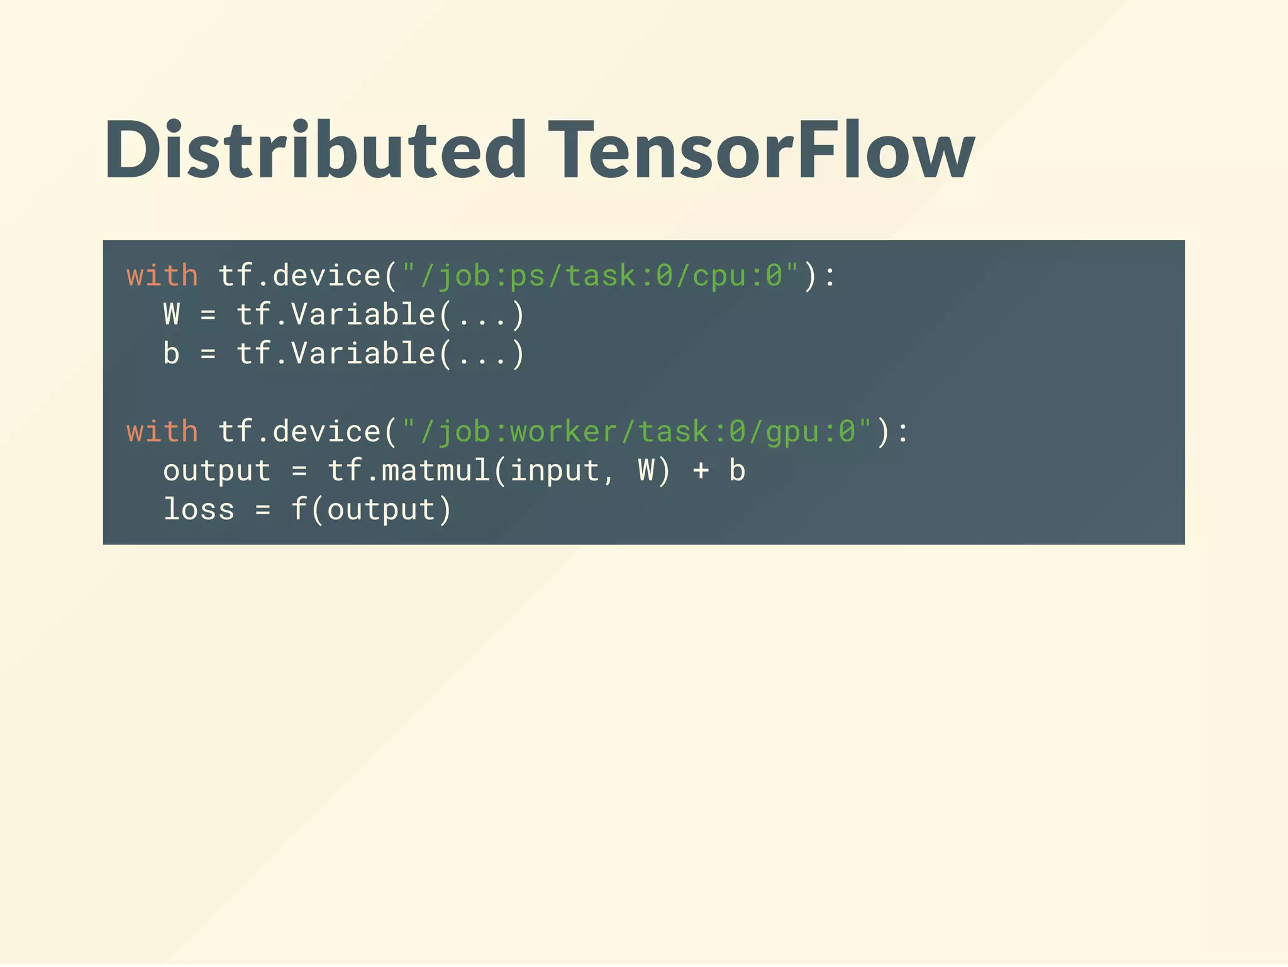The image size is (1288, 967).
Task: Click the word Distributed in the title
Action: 314,151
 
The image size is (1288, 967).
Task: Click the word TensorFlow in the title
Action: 761,151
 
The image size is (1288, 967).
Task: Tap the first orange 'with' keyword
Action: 162,276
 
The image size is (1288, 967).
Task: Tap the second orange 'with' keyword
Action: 162,432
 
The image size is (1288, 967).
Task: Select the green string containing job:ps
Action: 601,276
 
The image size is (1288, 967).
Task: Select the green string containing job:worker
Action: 637,432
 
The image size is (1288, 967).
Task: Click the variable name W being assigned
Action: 172,314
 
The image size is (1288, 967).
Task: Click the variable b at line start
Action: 172,353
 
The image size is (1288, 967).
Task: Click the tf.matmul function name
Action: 409,471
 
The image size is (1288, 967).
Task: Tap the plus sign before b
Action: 701,471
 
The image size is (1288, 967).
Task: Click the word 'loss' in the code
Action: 199,509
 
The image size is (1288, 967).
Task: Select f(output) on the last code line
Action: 372,509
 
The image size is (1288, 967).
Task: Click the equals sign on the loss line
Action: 263,509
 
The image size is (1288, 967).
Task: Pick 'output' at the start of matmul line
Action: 217,471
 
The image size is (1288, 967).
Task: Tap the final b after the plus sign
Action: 737,471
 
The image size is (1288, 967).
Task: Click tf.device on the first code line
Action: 299,276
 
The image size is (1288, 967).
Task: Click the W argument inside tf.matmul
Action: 646,471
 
